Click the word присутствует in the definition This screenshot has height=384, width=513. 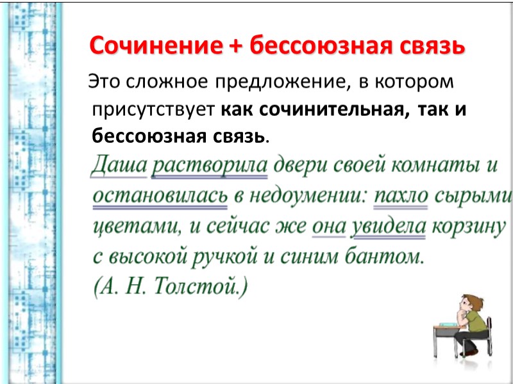(153, 109)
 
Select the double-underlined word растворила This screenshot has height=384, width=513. (209, 166)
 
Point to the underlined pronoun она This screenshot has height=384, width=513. (328, 227)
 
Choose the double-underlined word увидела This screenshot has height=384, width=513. (389, 227)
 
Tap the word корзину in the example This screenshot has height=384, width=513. (469, 227)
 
